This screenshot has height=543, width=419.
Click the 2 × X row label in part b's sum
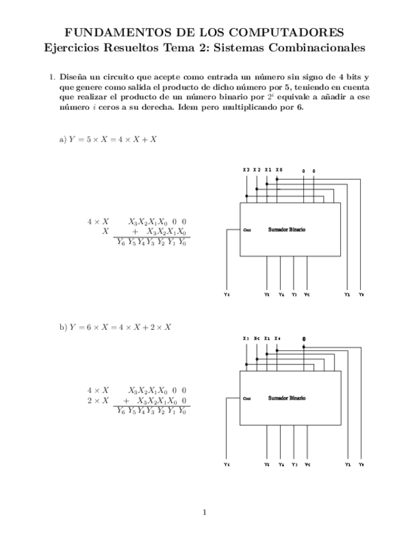point(98,400)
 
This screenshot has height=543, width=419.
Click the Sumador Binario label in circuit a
point(287,229)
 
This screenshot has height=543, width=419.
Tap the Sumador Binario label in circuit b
point(287,398)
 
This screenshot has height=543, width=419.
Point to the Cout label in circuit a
point(247,229)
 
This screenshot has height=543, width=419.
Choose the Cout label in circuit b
point(247,398)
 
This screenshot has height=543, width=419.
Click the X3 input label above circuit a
point(246,170)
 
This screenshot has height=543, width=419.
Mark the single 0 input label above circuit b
point(304,339)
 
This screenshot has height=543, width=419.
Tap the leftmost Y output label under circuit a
point(226,295)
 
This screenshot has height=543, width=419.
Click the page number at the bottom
point(204,512)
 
